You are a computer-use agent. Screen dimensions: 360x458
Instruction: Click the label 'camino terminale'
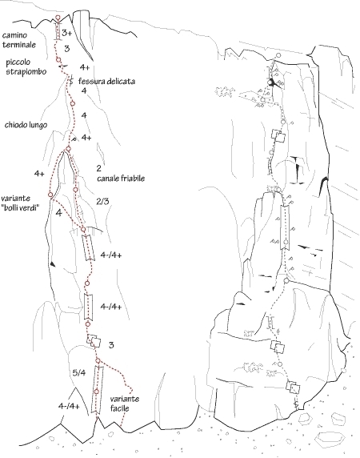click(x=19, y=40)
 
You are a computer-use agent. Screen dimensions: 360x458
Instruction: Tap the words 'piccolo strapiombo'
click(x=26, y=67)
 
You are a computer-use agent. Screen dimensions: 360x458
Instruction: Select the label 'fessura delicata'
click(x=106, y=81)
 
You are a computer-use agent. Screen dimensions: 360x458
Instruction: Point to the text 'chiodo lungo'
click(x=26, y=125)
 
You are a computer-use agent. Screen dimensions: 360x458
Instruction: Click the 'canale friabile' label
click(x=121, y=179)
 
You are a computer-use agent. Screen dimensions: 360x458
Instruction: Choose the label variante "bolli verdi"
click(x=20, y=203)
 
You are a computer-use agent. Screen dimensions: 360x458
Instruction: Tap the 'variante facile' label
click(x=125, y=404)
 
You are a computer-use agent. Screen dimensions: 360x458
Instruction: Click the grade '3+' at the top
click(x=67, y=33)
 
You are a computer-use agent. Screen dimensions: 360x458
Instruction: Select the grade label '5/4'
click(x=78, y=372)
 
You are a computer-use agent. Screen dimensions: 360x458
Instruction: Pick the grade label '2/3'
click(x=102, y=201)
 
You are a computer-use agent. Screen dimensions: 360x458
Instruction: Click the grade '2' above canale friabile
click(x=99, y=168)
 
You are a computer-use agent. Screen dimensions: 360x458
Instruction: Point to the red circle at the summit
click(x=58, y=18)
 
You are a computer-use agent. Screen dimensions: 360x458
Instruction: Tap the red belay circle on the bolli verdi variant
click(x=50, y=195)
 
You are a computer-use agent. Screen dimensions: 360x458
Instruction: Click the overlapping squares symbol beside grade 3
click(x=94, y=341)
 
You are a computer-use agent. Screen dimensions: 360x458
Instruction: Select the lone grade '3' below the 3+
click(x=67, y=49)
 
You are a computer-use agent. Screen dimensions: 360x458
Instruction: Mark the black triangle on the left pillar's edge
click(x=53, y=263)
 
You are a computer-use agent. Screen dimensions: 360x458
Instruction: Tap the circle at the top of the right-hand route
click(x=278, y=55)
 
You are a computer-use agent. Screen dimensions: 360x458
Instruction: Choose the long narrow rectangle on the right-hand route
click(x=285, y=227)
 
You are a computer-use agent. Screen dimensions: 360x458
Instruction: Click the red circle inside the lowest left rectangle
click(x=97, y=392)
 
